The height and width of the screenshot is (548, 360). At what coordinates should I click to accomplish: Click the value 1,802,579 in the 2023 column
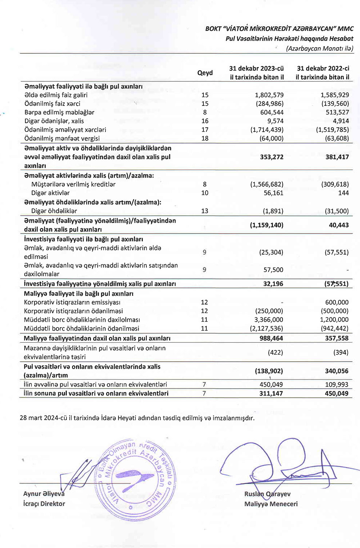click(x=269, y=95)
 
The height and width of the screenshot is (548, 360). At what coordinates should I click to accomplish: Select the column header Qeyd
click(x=205, y=73)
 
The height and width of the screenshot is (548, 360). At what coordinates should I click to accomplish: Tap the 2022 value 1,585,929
click(x=334, y=95)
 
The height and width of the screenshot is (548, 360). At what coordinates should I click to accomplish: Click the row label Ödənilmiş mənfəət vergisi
click(x=62, y=138)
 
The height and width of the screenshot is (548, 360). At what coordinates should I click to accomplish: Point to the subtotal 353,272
click(x=271, y=157)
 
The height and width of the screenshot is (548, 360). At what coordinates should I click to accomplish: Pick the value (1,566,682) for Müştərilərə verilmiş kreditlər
click(x=267, y=184)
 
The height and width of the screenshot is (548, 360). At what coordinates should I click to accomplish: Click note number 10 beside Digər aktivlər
click(x=205, y=193)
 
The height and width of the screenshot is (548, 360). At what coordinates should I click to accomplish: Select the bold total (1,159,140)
click(x=267, y=225)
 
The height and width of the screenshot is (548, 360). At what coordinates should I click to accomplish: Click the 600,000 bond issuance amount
click(x=337, y=303)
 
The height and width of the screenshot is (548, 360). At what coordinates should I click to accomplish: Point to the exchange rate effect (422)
click(x=275, y=352)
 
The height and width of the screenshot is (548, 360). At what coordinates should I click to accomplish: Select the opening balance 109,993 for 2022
click(x=337, y=385)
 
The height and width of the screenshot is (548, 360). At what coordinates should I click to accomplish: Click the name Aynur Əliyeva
click(x=44, y=494)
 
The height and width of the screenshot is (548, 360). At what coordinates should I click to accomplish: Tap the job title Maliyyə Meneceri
click(x=271, y=504)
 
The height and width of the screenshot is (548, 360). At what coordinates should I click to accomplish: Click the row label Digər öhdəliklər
click(x=54, y=211)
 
